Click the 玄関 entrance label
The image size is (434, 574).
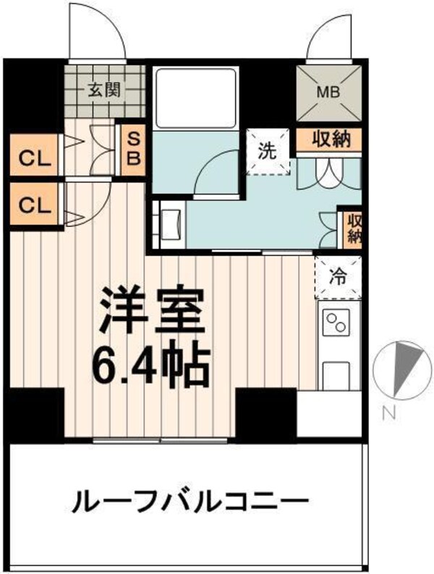click(105, 90)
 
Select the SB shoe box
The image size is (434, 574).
click(133, 147)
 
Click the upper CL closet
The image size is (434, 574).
click(35, 158)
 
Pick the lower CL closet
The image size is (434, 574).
click(35, 205)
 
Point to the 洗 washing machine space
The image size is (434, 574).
click(268, 153)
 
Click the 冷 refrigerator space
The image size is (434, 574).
click(338, 275)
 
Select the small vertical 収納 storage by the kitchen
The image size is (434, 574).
click(352, 228)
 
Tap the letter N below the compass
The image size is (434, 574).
click(389, 414)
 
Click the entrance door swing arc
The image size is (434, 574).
click(97, 33)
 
